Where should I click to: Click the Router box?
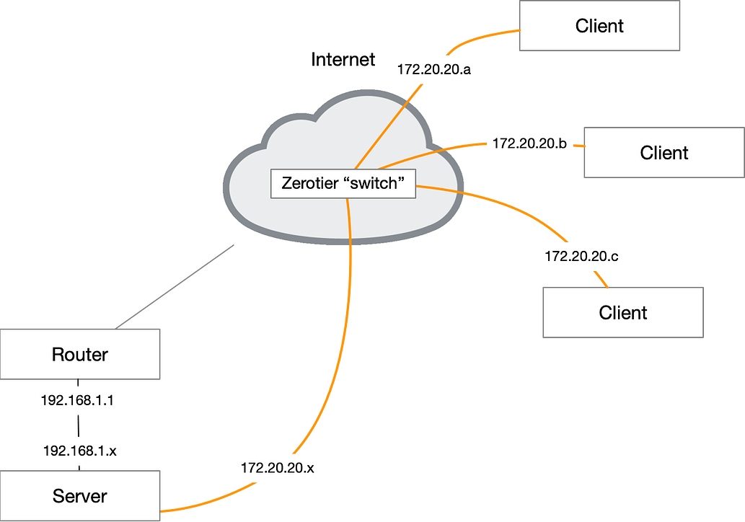pos(79,354)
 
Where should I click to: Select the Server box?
pos(79,496)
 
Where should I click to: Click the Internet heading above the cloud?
pos(343,60)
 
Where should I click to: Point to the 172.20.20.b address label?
pos(529,143)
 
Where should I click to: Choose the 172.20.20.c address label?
pos(581,256)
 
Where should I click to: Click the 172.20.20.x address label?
pos(279,468)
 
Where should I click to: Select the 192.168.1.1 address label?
pos(77,401)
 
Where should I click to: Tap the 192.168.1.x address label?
pos(79,451)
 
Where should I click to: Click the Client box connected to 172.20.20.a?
pos(599,26)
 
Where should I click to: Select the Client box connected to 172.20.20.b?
pos(664,153)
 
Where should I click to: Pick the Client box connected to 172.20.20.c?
pos(623,312)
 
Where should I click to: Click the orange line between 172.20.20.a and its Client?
pos(483,35)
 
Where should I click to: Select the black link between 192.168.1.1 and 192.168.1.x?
pos(78,425)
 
